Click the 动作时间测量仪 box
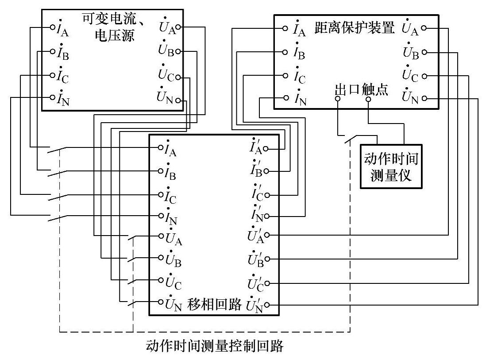(x=390, y=166)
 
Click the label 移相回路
(x=215, y=305)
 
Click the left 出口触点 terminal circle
(x=337, y=99)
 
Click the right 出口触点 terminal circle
(x=368, y=99)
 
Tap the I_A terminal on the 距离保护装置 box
(x=285, y=28)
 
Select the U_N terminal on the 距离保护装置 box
(x=424, y=98)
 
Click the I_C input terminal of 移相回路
(x=161, y=194)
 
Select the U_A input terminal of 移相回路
(x=161, y=236)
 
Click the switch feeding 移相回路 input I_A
(x=58, y=151)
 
